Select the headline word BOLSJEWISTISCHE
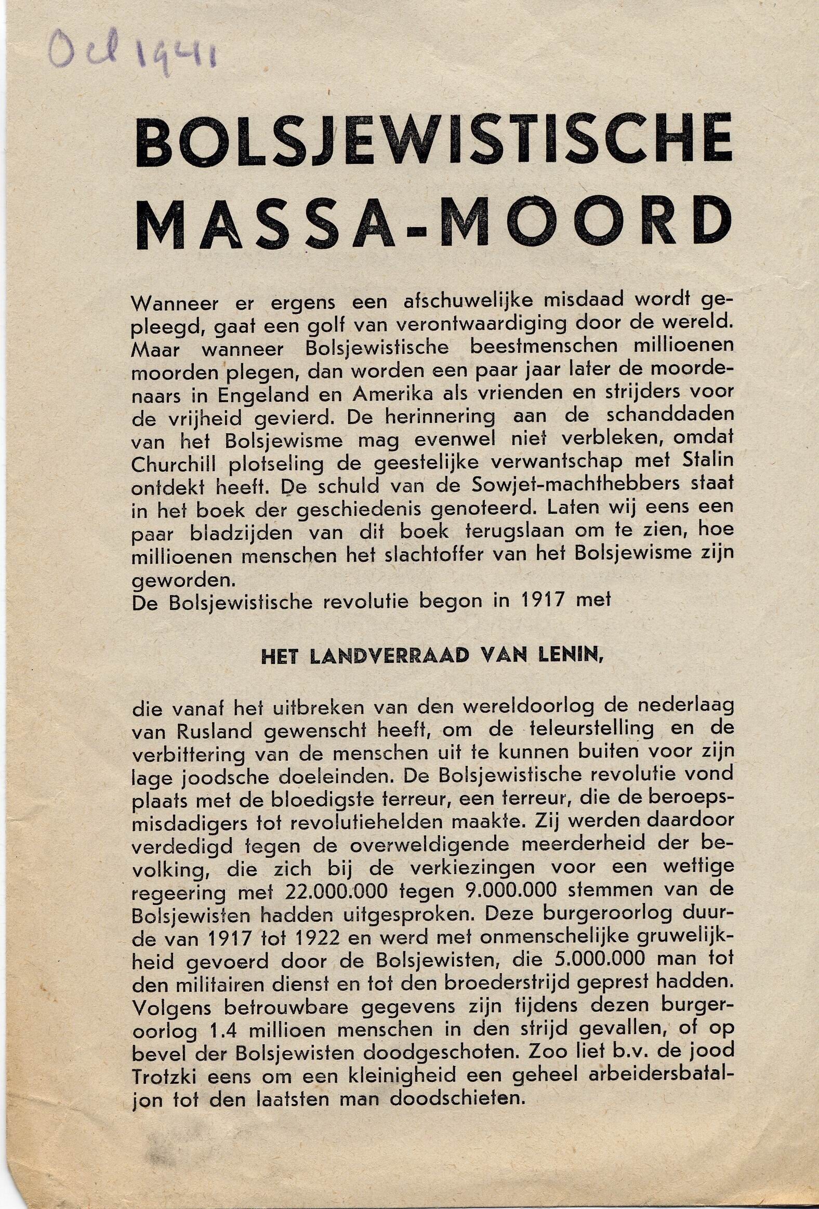[434, 142]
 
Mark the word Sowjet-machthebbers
[578, 484]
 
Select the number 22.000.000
[336, 891]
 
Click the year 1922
[312, 937]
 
